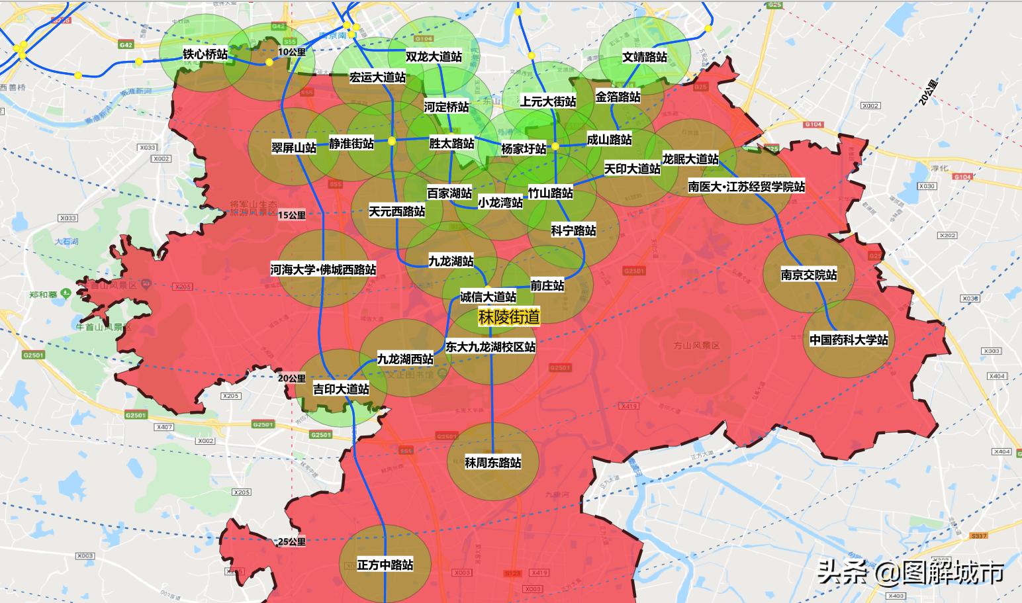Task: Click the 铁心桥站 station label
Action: pos(205,54)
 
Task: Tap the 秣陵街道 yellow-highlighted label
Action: pos(509,318)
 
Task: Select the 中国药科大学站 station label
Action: pos(849,340)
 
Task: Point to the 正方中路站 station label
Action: pos(385,565)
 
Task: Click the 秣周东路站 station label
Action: pos(492,463)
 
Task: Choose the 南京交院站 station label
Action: pos(809,275)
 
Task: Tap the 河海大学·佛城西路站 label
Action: pos(323,270)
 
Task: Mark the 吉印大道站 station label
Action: pos(341,389)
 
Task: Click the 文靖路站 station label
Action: pos(645,58)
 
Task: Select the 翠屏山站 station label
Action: pos(294,148)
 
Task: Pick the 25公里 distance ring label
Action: pos(291,542)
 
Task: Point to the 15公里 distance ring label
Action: pos(291,215)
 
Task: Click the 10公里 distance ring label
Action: pos(292,52)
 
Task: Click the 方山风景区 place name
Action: pos(696,346)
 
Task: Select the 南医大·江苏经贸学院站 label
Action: pos(747,187)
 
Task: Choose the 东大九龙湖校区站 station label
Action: pos(490,347)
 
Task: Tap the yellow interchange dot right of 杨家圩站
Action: pos(556,146)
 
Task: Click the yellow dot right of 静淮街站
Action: pos(392,140)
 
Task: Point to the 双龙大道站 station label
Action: pos(434,57)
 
